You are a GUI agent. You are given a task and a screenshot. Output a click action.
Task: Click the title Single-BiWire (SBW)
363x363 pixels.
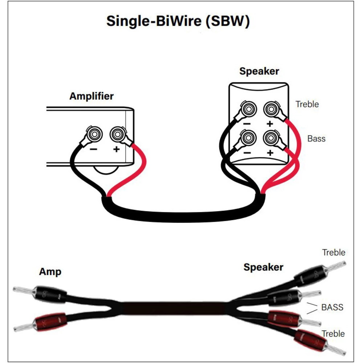(178, 21)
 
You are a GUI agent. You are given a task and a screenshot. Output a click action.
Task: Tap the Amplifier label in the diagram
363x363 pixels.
(91, 96)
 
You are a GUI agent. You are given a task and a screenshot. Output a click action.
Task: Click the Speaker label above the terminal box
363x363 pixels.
(259, 71)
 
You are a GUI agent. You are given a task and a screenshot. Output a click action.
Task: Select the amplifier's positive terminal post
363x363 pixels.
(117, 135)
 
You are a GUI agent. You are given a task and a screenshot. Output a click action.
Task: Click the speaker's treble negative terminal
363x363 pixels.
(248, 109)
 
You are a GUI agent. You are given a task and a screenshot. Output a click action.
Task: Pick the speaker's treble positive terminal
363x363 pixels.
(270, 109)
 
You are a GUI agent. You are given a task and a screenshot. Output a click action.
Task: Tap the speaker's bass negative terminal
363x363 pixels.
(248, 138)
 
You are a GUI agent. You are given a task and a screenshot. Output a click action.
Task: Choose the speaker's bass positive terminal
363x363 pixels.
(270, 138)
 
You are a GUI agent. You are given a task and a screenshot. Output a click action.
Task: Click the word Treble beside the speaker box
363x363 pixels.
(307, 104)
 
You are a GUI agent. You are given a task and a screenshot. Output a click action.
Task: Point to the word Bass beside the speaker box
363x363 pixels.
(316, 138)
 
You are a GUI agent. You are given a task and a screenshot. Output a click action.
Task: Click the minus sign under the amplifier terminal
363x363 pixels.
(94, 149)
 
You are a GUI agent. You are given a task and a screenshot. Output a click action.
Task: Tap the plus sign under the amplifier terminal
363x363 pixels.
(117, 149)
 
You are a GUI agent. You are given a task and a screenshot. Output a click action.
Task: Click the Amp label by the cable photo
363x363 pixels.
(50, 272)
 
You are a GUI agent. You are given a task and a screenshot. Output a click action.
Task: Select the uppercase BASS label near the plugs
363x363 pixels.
(332, 307)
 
